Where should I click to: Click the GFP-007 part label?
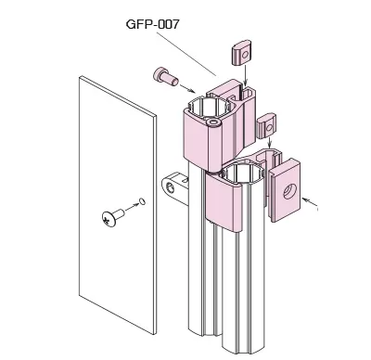click(x=153, y=24)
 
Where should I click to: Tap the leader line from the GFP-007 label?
click(x=186, y=54)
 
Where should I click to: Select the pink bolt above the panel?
click(x=166, y=76)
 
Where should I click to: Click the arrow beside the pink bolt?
click(x=187, y=88)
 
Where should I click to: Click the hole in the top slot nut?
click(x=245, y=56)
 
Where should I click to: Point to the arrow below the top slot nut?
click(x=245, y=73)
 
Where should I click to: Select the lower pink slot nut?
click(x=266, y=125)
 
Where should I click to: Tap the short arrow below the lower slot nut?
click(x=270, y=143)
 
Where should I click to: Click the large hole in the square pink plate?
click(x=290, y=191)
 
